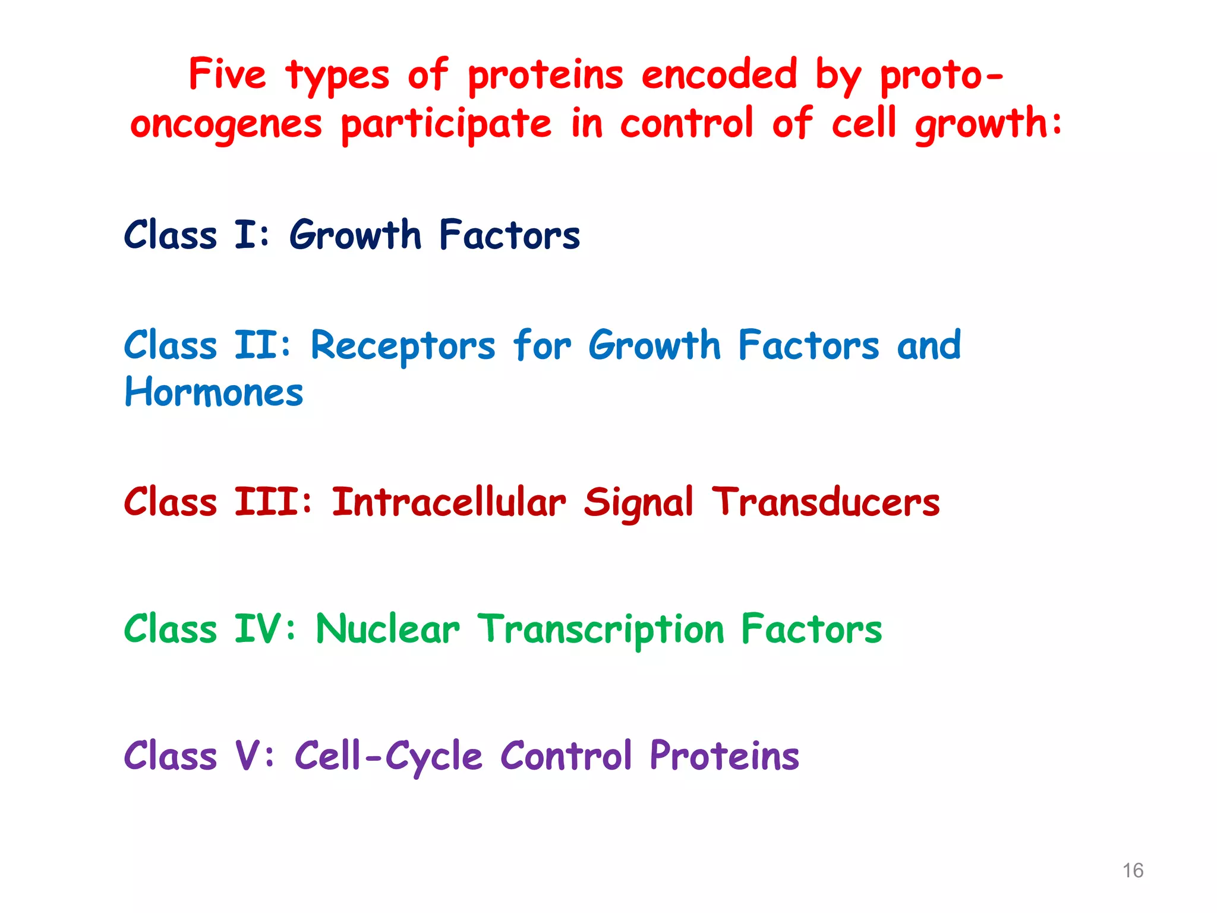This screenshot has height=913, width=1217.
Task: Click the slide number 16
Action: [1133, 870]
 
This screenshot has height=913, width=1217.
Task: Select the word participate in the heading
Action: [446, 124]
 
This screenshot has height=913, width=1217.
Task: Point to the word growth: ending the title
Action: [988, 124]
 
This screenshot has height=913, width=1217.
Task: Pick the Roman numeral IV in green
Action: [257, 629]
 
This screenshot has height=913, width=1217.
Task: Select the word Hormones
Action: [214, 393]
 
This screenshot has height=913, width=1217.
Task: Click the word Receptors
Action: [403, 346]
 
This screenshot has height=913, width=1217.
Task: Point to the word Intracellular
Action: [449, 502]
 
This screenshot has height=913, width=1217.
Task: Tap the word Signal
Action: [638, 503]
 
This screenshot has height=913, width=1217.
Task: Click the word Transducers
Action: [826, 502]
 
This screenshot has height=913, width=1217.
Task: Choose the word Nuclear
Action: [387, 629]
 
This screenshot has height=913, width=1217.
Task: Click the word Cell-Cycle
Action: [388, 757]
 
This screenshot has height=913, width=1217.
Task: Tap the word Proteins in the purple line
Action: [724, 755]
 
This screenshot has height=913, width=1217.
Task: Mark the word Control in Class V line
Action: [566, 755]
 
